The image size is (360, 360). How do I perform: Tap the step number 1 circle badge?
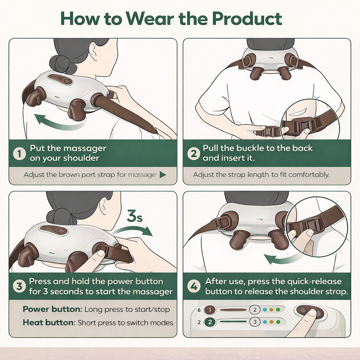pos(19,154)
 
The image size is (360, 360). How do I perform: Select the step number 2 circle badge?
pos(194,154)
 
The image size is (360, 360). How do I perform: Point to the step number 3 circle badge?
pos(19,286)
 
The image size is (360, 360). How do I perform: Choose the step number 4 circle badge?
pos(194,286)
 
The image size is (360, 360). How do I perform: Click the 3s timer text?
pos(135,216)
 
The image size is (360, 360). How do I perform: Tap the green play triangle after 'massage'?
pos(162,175)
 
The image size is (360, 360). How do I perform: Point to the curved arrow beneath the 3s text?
pos(133,229)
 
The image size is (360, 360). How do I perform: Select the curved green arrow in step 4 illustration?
pos(282,259)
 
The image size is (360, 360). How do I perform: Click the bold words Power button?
pos(52,309)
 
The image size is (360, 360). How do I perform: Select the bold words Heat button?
pos(49,323)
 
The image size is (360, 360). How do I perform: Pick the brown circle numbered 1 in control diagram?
pos(210,310)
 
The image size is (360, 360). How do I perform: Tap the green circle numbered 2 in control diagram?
pos(210,322)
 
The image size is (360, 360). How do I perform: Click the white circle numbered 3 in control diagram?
pos(255,322)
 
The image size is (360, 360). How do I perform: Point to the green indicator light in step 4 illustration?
pos(259,220)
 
